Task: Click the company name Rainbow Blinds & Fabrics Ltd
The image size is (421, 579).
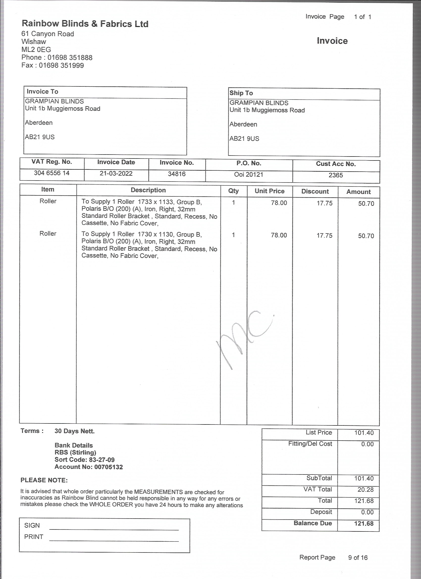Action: coord(85,24)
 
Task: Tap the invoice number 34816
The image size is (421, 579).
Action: coord(176,174)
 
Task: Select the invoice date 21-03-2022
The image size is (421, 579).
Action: coord(116,174)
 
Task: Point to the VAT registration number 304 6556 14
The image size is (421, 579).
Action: coord(52,173)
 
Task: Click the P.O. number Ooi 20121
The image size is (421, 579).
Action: coord(248,175)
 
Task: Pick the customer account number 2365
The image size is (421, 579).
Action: coord(336,175)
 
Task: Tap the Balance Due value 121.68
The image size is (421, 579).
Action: coord(364,524)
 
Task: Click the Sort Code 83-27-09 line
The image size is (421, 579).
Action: coord(84,460)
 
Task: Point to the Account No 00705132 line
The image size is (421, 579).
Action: coord(89,467)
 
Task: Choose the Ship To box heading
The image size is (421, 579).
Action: coord(241,93)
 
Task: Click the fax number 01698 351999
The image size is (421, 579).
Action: coord(61,66)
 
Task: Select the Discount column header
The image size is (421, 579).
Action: coord(315,191)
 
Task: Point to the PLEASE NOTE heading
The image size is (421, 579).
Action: coord(44,480)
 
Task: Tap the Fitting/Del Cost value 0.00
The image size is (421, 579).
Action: coord(367,444)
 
